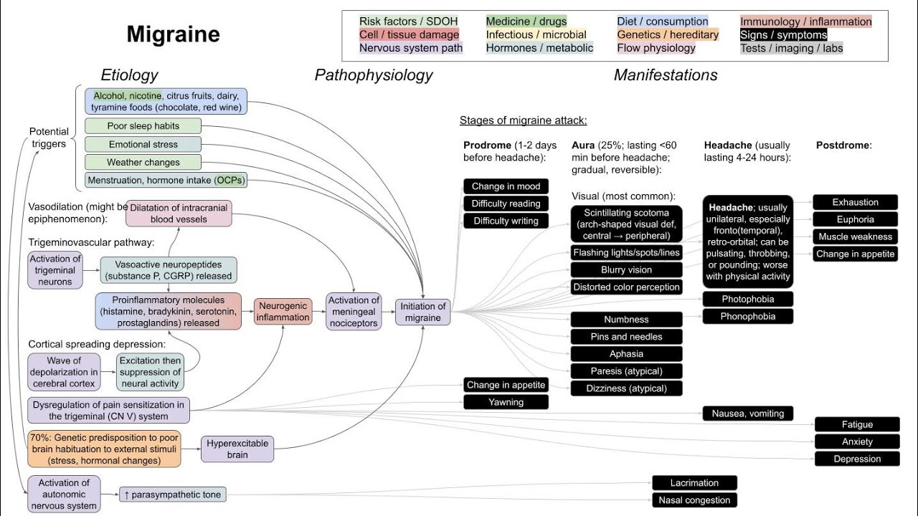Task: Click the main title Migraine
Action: [174, 34]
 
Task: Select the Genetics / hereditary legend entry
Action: [668, 34]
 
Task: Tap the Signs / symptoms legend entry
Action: [784, 34]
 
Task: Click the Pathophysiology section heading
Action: [374, 75]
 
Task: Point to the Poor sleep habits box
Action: [143, 125]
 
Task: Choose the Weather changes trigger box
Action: [143, 162]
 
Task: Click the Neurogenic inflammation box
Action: [283, 311]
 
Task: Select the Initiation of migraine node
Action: [424, 312]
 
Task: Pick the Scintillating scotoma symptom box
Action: [627, 224]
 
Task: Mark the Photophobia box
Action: [748, 299]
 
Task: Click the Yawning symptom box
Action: [506, 402]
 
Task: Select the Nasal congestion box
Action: [694, 500]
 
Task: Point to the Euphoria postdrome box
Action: [856, 219]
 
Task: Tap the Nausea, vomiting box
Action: [748, 413]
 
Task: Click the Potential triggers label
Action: [49, 138]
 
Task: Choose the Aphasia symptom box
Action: [627, 353]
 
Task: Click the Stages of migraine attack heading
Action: [524, 120]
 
